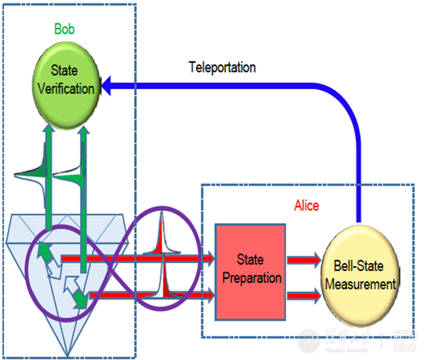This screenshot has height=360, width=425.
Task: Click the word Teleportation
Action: pos(222,67)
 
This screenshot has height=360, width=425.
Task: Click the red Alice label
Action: pos(307,206)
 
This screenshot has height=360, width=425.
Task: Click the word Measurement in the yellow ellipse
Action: pos(364,284)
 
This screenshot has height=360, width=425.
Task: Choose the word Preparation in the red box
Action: pos(252,277)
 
